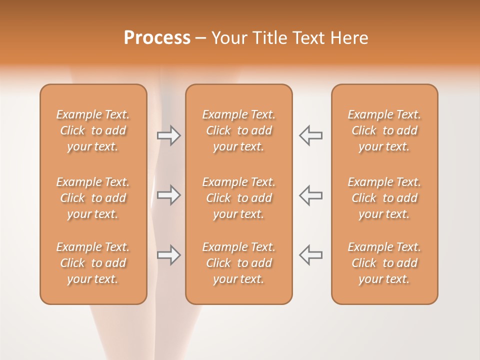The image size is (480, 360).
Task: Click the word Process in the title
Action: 157,38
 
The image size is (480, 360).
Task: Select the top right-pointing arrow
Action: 168,135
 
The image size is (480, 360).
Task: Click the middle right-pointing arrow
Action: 168,195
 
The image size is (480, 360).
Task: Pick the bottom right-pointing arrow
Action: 168,255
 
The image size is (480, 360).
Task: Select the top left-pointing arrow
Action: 310,135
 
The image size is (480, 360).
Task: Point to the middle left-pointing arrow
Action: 310,195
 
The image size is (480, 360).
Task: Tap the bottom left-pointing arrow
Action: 310,255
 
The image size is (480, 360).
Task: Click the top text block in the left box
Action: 93,130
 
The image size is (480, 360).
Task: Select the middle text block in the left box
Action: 93,198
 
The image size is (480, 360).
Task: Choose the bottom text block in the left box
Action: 93,263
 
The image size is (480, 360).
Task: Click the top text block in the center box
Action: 238,130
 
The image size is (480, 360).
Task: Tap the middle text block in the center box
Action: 238,198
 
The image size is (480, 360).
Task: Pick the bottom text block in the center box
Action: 238,263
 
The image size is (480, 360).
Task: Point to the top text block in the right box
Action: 384,130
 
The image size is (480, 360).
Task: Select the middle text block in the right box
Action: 384,198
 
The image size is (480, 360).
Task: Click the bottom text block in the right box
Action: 384,263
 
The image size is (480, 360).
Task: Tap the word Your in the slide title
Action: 229,38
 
